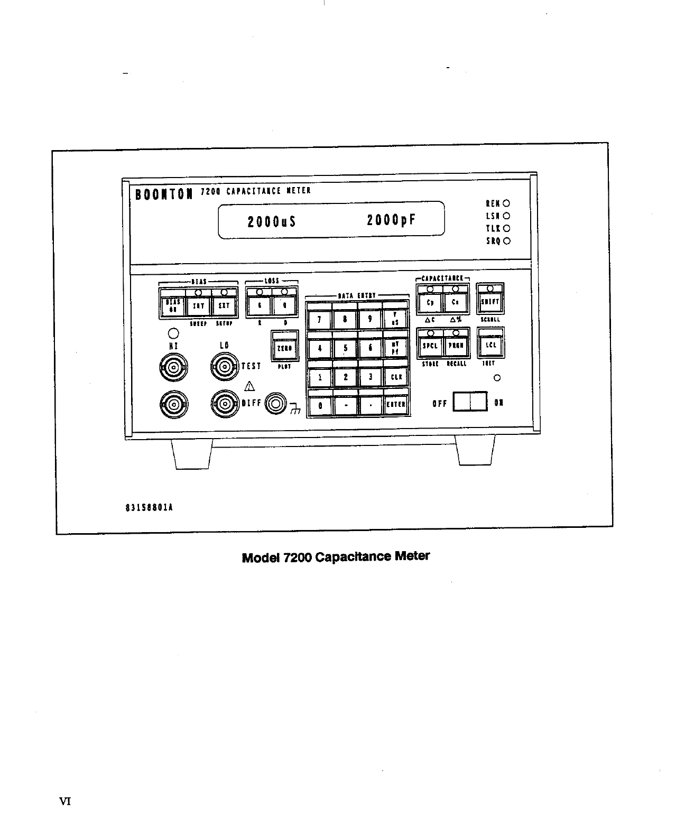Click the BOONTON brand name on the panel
163,194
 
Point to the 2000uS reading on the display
271,221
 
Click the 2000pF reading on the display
391,220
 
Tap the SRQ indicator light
507,241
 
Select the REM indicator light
507,203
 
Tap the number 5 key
346,348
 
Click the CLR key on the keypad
396,377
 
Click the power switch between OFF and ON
470,402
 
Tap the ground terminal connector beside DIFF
276,404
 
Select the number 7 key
319,319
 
